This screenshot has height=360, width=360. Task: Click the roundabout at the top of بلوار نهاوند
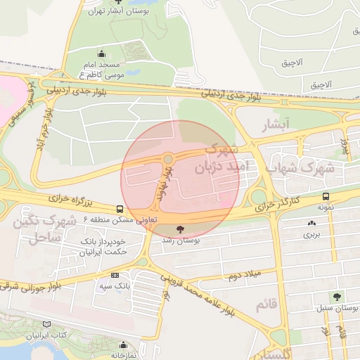click(x=169, y=158)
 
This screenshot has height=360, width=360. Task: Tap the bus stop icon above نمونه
click(x=325, y=197)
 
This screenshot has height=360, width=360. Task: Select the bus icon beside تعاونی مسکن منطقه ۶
click(x=120, y=209)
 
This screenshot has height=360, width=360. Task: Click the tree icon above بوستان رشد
click(x=181, y=229)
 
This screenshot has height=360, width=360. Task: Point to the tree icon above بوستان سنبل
click(x=337, y=297)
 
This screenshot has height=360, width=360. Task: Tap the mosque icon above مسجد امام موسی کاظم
click(x=102, y=53)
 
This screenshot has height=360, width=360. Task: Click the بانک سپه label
click(x=115, y=286)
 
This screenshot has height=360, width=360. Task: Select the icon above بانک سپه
click(x=115, y=276)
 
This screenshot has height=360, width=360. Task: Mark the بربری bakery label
click(x=311, y=235)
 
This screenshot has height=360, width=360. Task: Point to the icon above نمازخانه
click(x=124, y=345)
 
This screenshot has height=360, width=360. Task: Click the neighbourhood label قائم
click(x=262, y=304)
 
